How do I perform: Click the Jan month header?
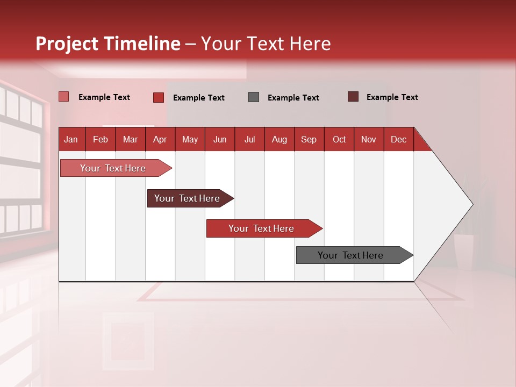[71, 139]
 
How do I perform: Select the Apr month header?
[160, 139]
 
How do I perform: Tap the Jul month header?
[249, 139]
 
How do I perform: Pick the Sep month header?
[309, 139]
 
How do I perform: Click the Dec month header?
[398, 139]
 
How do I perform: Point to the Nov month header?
[369, 139]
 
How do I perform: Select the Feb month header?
[101, 139]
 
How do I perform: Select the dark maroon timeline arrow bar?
[188, 198]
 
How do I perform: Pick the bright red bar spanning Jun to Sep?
[262, 228]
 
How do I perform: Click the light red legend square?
[63, 97]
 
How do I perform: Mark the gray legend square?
[254, 97]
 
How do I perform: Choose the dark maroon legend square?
[353, 97]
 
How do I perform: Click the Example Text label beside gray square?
[293, 98]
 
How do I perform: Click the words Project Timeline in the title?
[107, 44]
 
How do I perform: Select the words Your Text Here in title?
[266, 44]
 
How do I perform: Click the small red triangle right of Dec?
[420, 143]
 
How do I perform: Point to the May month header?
[190, 139]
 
